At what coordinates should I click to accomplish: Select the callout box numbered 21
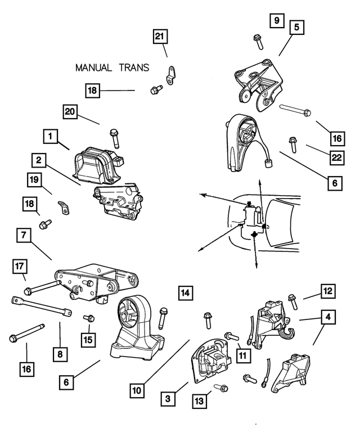pyautogui.click(x=160, y=37)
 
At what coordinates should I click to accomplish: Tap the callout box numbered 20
pyautogui.click(x=70, y=112)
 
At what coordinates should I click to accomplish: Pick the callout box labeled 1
pyautogui.click(x=50, y=136)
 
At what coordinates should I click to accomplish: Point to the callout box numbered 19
pyautogui.click(x=34, y=181)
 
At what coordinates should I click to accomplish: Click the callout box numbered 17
pyautogui.click(x=19, y=265)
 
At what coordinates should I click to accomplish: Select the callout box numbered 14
pyautogui.click(x=186, y=292)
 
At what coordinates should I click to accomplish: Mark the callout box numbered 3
pyautogui.click(x=166, y=399)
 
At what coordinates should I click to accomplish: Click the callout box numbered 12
pyautogui.click(x=328, y=291)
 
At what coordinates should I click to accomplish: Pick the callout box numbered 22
pyautogui.click(x=336, y=158)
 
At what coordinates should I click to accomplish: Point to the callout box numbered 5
pyautogui.click(x=296, y=26)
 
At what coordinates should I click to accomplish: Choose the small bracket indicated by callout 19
pyautogui.click(x=63, y=208)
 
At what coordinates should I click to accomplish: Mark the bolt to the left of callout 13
pyautogui.click(x=221, y=388)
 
